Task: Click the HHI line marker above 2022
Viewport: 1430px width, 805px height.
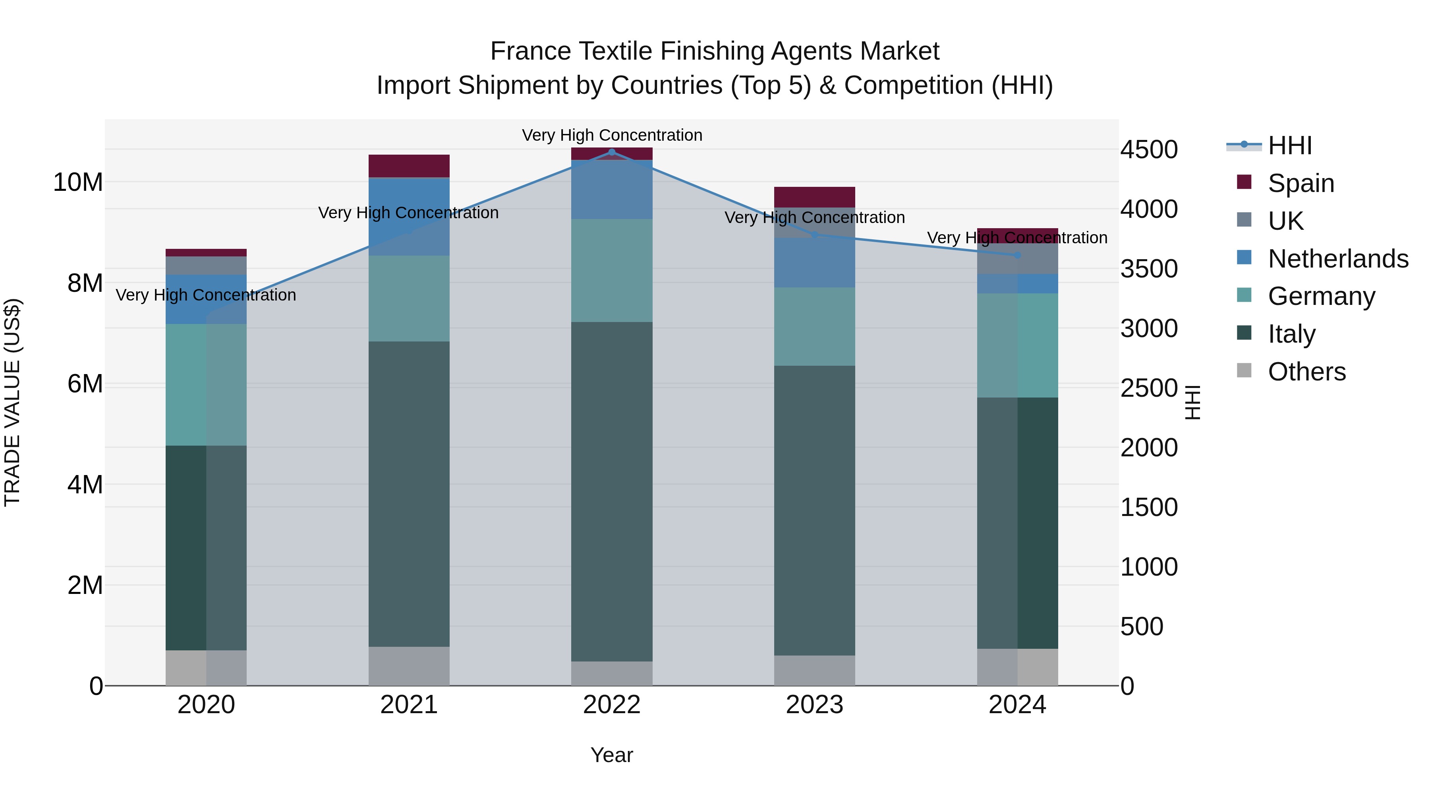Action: point(612,152)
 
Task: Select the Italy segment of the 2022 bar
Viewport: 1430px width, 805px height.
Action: point(612,492)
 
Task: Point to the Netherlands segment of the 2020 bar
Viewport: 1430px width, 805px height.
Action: point(206,299)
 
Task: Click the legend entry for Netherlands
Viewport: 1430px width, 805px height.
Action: point(1338,259)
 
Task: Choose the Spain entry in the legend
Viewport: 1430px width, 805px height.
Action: point(1301,183)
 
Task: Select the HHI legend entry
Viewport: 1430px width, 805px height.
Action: point(1289,145)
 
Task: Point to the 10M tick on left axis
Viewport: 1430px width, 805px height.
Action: point(78,182)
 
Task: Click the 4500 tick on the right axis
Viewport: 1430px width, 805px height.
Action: point(1148,149)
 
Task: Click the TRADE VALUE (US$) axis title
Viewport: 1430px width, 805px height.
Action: point(12,402)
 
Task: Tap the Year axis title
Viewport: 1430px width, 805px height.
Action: point(612,755)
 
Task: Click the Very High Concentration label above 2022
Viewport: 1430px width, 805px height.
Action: point(612,135)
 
